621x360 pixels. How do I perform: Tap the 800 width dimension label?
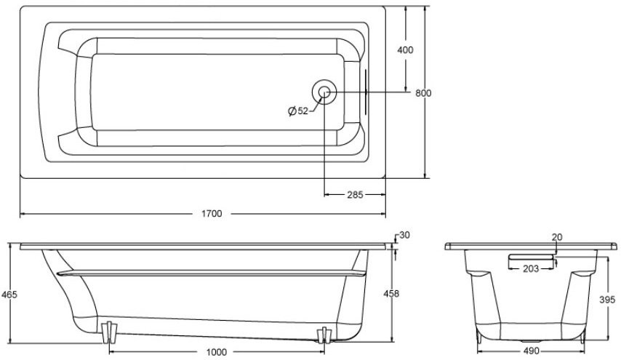423,92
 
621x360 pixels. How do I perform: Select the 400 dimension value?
405,50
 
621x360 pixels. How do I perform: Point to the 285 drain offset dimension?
356,195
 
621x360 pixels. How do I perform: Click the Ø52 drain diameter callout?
298,111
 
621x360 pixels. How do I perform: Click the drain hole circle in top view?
324,92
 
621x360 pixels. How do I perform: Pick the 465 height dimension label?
9,295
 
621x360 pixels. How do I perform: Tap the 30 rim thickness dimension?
404,235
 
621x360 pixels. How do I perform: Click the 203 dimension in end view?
530,269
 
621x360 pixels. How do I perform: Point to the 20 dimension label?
556,238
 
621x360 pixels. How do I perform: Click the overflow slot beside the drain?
365,92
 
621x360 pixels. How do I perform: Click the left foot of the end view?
478,335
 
